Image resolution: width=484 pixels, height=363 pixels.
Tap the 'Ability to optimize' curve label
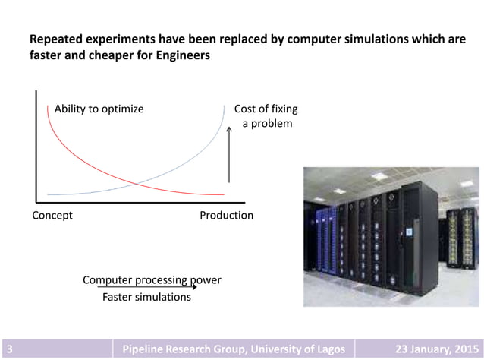[99, 109]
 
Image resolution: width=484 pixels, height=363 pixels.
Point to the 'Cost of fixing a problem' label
[266, 115]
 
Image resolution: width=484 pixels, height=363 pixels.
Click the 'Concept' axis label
[52, 215]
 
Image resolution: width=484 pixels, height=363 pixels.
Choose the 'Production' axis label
[226, 215]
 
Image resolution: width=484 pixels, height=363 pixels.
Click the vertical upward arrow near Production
[229, 156]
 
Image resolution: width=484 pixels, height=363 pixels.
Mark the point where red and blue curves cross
[135, 183]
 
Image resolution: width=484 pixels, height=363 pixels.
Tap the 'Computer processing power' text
[152, 279]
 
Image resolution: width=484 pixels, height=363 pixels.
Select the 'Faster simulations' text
[146, 297]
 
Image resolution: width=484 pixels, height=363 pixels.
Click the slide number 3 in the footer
[9, 349]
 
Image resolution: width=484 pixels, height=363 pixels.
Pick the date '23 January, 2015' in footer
[438, 349]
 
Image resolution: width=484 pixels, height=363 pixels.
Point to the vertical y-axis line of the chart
[36, 144]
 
